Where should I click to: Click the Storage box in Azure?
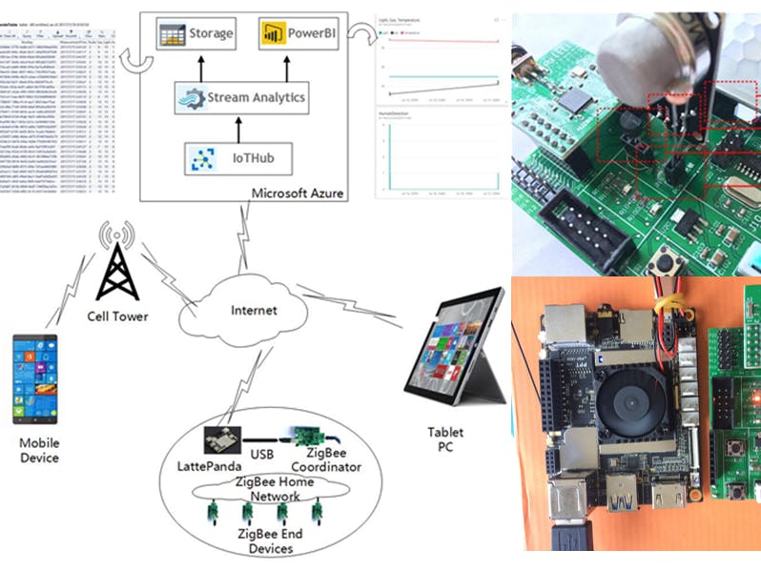click(x=195, y=34)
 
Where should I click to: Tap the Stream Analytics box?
click(x=242, y=97)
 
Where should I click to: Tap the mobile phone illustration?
click(x=34, y=378)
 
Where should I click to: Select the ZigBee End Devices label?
click(x=270, y=540)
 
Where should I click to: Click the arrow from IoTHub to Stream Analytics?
click(x=237, y=128)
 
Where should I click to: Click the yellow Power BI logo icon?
click(x=269, y=34)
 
